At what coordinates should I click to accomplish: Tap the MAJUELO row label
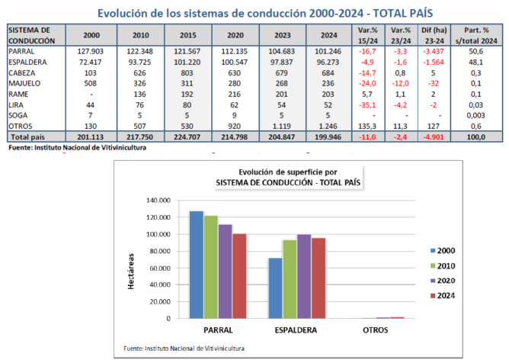tap(25, 82)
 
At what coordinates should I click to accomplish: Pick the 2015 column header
tap(187, 35)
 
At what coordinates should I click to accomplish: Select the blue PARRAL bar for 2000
tap(197, 264)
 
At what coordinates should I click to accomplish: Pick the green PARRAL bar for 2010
tap(210, 266)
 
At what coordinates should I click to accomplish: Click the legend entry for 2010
tap(445, 266)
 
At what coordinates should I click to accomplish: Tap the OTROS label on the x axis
tap(376, 330)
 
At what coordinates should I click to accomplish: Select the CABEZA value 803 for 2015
tap(187, 72)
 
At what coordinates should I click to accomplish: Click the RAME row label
tap(20, 93)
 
